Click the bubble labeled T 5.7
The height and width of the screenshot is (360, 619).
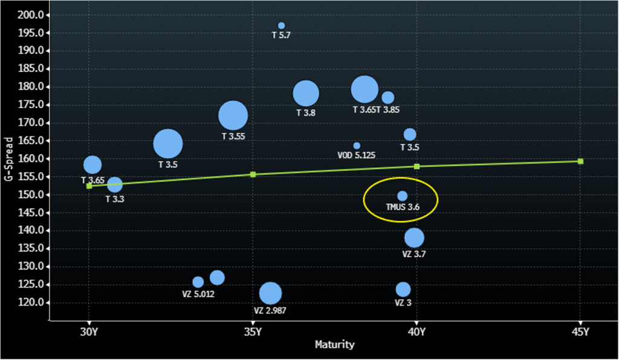[281, 25]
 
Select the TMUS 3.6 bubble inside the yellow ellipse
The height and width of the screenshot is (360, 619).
[402, 196]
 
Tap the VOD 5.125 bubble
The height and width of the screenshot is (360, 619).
[357, 146]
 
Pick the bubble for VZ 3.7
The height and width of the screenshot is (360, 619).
[414, 237]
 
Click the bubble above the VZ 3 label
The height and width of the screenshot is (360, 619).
[403, 289]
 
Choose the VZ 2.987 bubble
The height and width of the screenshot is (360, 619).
[271, 293]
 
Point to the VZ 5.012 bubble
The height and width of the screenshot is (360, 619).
[198, 282]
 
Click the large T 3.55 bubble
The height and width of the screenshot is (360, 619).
[233, 115]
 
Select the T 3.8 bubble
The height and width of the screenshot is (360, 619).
[306, 93]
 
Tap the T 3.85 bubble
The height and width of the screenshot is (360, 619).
[388, 97]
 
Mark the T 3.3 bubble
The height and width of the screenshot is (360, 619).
[115, 185]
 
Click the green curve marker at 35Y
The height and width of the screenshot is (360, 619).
[253, 175]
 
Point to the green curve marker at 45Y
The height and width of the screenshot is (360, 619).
[580, 161]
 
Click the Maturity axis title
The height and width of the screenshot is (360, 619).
[334, 345]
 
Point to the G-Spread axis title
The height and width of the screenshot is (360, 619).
[8, 158]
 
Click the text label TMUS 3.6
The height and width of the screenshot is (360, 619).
[403, 207]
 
